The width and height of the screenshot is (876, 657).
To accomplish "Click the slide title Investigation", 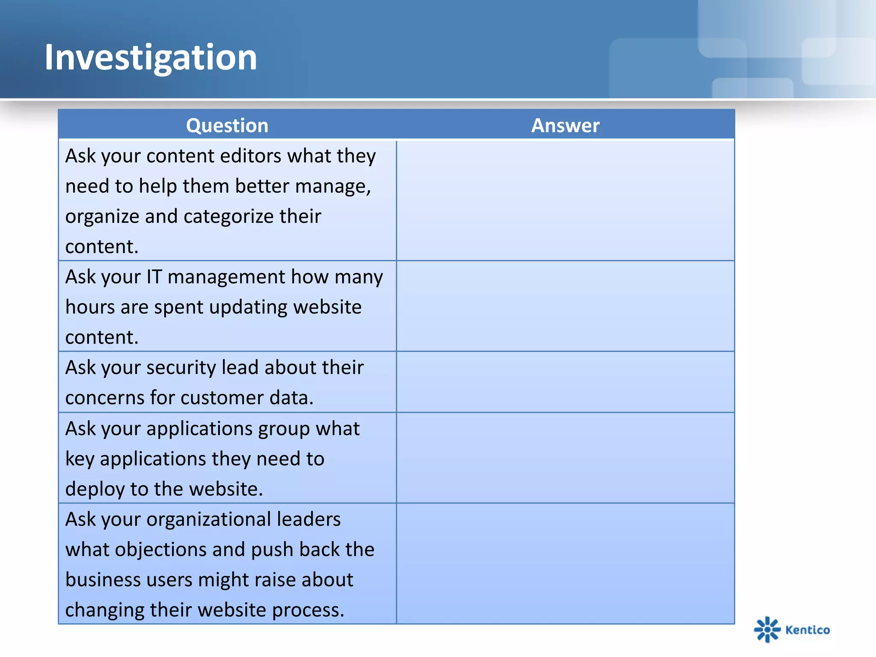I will (151, 58).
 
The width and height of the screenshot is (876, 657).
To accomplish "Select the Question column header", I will (227, 125).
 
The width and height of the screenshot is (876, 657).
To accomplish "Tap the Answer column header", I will (565, 125).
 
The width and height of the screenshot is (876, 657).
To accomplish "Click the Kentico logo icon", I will (767, 629).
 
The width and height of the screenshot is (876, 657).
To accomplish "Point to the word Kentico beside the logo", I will (808, 630).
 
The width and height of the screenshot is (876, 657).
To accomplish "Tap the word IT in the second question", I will (154, 277).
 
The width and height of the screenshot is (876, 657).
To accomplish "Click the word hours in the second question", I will (90, 307).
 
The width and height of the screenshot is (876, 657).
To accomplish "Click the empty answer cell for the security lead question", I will (565, 382).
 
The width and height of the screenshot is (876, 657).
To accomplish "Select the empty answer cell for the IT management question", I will (565, 306).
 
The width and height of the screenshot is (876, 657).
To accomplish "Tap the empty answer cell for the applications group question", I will (565, 458).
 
